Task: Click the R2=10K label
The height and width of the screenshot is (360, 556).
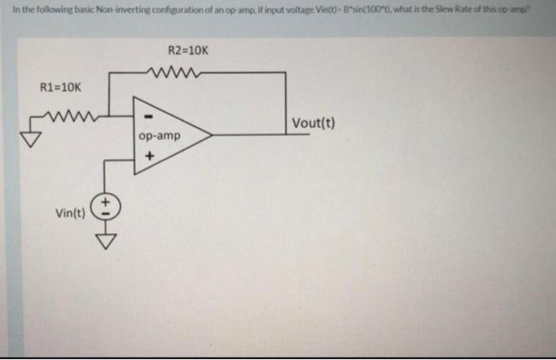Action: [189, 49]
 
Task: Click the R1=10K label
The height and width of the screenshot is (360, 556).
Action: [60, 87]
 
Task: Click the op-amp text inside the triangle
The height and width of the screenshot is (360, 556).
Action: [160, 136]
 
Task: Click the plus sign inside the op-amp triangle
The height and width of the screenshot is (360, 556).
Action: [147, 156]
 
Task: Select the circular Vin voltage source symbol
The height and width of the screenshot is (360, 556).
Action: [106, 208]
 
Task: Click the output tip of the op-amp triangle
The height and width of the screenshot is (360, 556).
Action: [210, 135]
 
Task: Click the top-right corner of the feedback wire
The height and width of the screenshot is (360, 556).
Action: [285, 73]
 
